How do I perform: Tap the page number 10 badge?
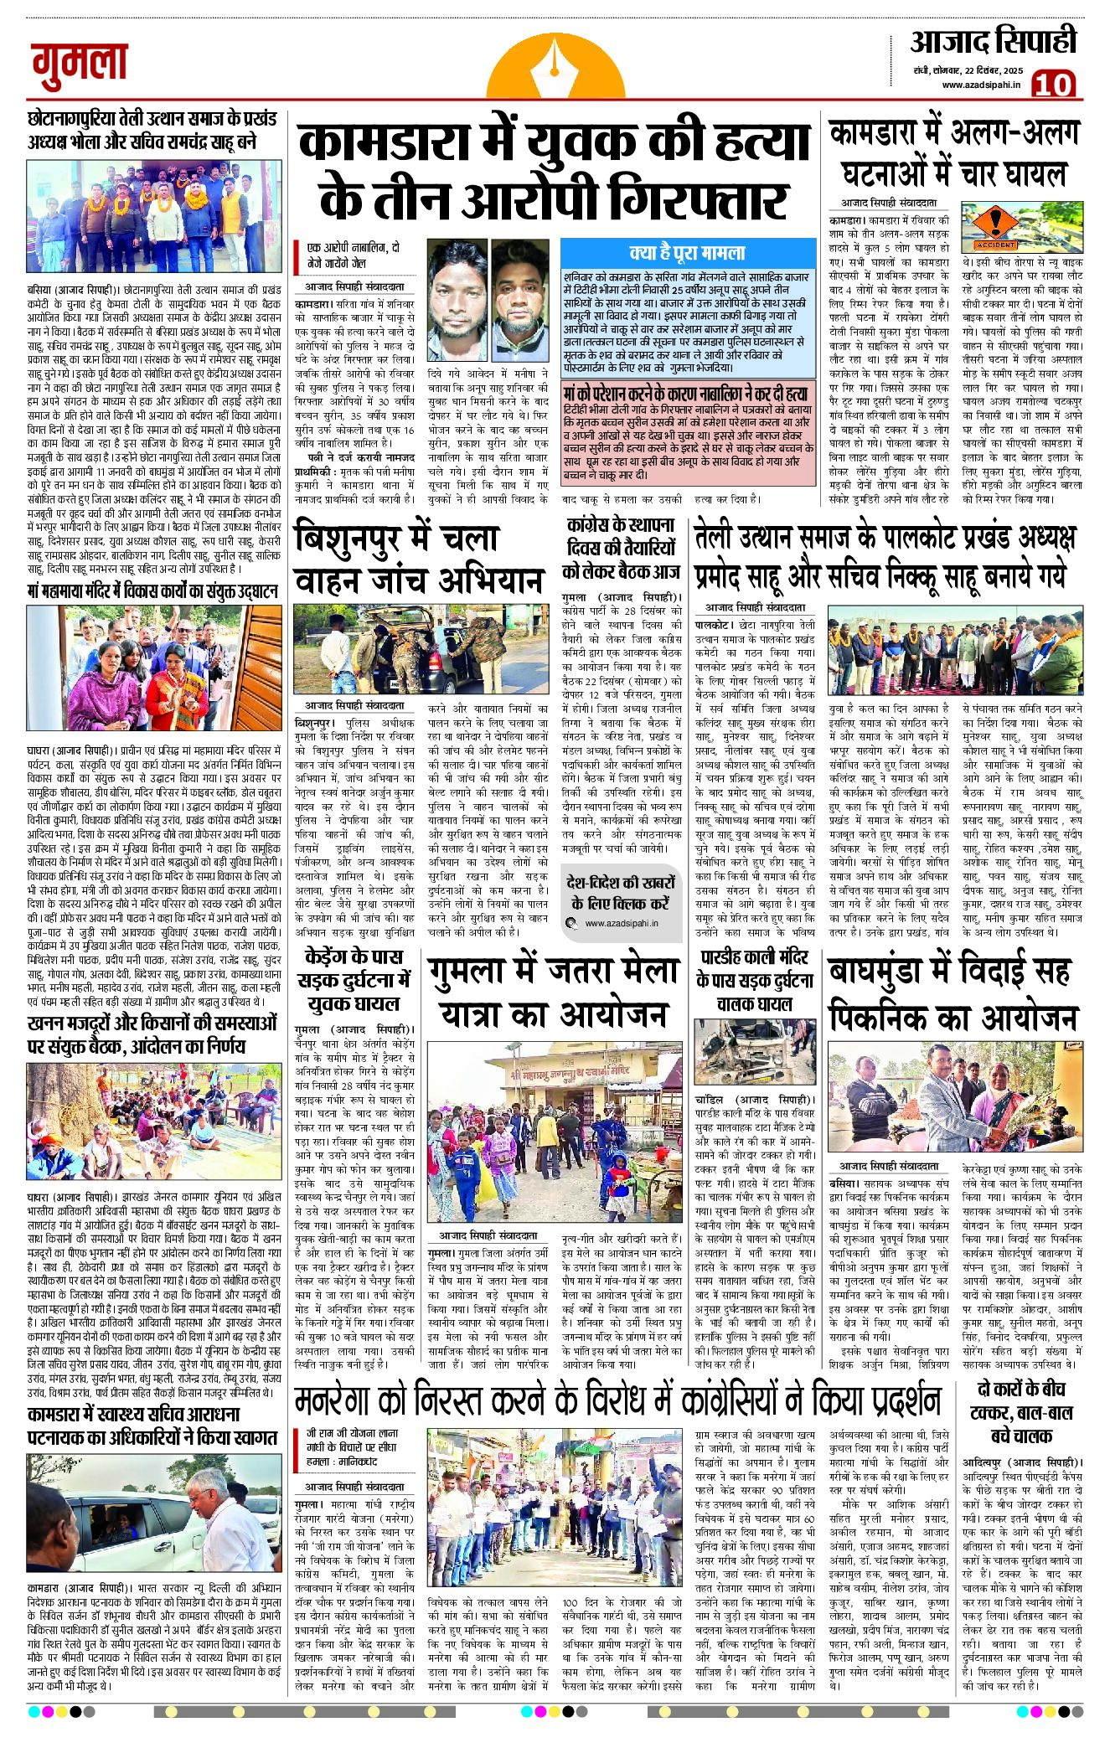(x=1053, y=84)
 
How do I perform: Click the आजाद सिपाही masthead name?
(x=993, y=42)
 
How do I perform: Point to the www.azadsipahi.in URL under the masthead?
(x=981, y=85)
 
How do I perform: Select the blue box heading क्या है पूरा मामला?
(x=687, y=252)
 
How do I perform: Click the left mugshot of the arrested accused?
(x=457, y=289)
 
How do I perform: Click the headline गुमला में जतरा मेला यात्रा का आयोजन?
(x=554, y=993)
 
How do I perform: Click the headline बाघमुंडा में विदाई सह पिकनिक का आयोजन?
(x=952, y=994)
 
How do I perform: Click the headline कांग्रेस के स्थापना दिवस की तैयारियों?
(x=620, y=548)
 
